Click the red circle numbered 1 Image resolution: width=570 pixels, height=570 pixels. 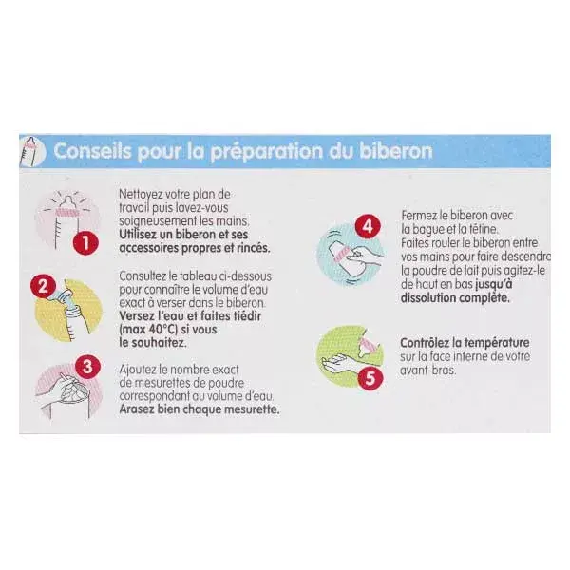point(85,242)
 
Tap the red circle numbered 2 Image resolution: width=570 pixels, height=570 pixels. point(43,286)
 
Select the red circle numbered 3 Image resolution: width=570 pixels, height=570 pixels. point(87,366)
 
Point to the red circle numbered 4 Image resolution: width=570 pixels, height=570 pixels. point(368,226)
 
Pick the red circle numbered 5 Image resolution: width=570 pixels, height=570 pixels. point(370,378)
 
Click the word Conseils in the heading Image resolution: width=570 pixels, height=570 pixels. point(92,150)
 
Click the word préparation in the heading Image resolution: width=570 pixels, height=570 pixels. point(266,151)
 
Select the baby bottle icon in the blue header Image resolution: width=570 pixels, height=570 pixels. point(32,151)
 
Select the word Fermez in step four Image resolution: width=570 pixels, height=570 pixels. point(418,216)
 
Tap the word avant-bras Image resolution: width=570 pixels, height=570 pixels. point(427,370)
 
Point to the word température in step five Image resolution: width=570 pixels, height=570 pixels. point(497,343)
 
